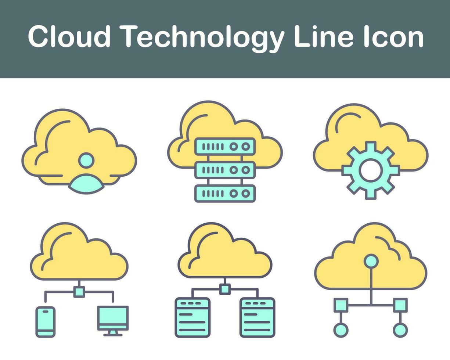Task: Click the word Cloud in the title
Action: click(69, 37)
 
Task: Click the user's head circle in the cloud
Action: click(86, 160)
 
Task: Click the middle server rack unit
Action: click(225, 170)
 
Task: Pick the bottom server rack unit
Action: click(225, 193)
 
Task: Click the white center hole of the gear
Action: click(370, 170)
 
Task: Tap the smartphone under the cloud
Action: click(45, 322)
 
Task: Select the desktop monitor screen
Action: click(113, 316)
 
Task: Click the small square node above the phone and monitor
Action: click(79, 292)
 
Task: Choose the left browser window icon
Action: click(192, 317)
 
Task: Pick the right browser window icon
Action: click(257, 317)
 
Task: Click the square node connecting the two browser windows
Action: click(225, 289)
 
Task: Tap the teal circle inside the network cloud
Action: click(371, 261)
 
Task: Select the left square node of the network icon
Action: click(341, 305)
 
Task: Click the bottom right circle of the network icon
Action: click(400, 330)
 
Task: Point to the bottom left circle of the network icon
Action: click(341, 330)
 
